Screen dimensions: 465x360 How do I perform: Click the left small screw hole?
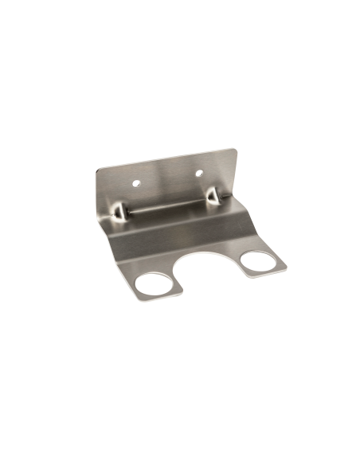(135, 181)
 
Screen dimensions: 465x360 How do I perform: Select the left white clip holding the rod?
(119, 211)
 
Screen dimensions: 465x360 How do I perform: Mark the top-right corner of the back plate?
(237, 149)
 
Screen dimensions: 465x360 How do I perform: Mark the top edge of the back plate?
(167, 158)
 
